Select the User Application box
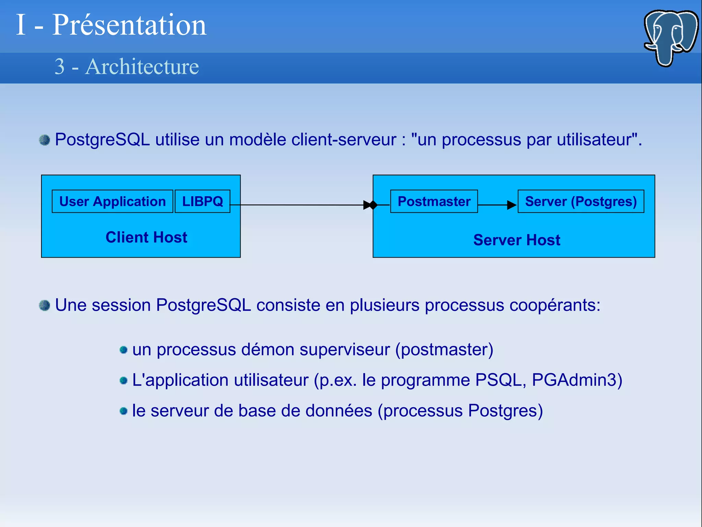(112, 201)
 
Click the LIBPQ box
(202, 201)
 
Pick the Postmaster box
(434, 201)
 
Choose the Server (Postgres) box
(581, 201)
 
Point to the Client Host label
(146, 237)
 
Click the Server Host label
(517, 240)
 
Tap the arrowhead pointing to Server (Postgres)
(511, 205)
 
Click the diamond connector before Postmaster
(373, 205)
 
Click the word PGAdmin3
(577, 380)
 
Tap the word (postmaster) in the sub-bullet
(444, 350)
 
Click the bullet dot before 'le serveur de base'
(124, 411)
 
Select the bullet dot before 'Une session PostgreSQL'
(45, 305)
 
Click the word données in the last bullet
(339, 411)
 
